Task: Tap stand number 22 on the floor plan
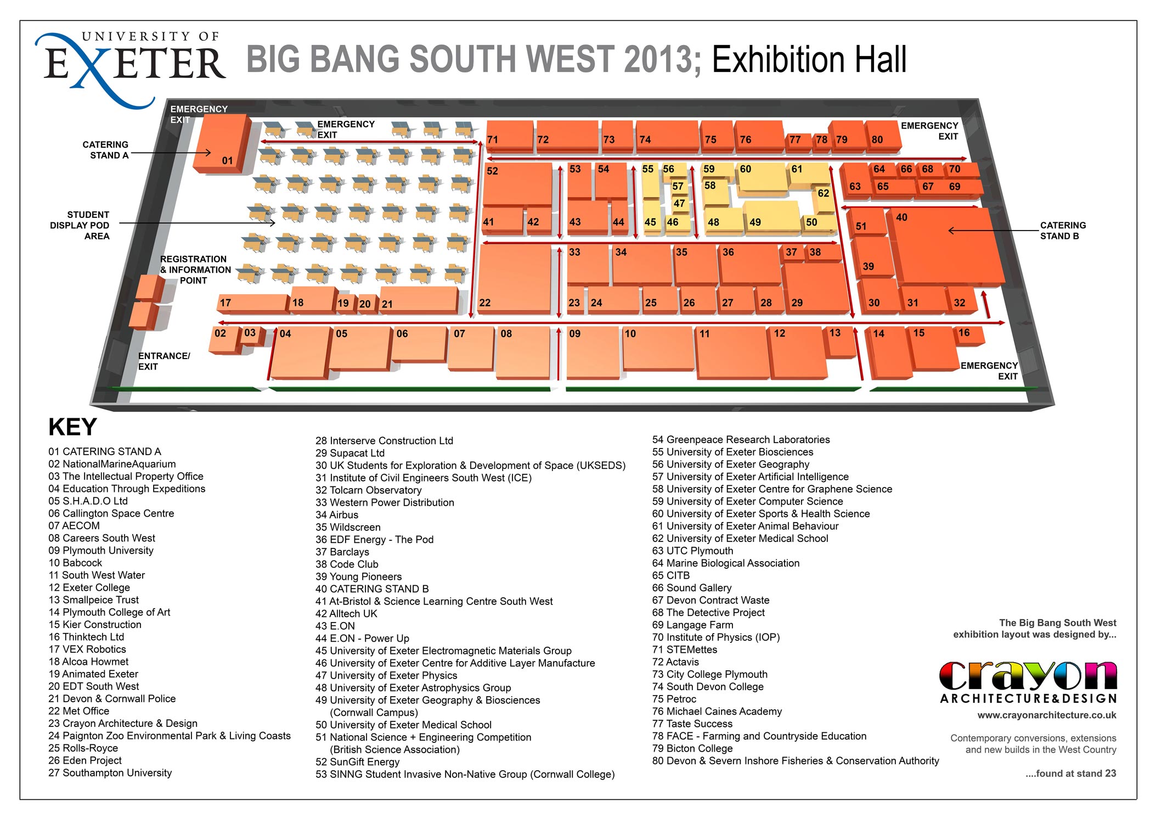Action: [x=515, y=280]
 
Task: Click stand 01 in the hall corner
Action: [x=222, y=144]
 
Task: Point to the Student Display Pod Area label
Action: [x=80, y=226]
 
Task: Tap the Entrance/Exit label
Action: [x=164, y=361]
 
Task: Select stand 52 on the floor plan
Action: [x=517, y=184]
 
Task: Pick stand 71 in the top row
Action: [x=509, y=136]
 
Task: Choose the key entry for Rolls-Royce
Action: [x=83, y=748]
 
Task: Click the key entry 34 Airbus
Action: [x=337, y=515]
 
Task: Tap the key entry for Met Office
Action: [x=79, y=711]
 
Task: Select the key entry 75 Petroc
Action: [x=674, y=699]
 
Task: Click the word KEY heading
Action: [x=73, y=427]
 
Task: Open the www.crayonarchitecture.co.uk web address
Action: [x=1047, y=715]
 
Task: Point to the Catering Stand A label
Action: [x=105, y=150]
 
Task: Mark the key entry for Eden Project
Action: [x=85, y=760]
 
